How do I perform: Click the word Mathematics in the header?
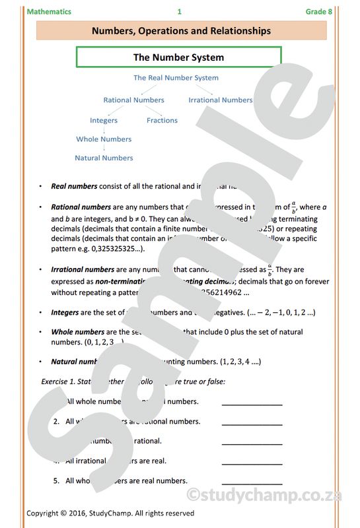pyautogui.click(x=49, y=12)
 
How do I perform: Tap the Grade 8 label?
pyautogui.click(x=319, y=12)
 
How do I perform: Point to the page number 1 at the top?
pyautogui.click(x=179, y=12)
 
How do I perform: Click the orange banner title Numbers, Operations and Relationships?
pyautogui.click(x=181, y=31)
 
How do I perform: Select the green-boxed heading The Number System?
pyautogui.click(x=178, y=57)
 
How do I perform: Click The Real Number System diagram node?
pyautogui.click(x=176, y=78)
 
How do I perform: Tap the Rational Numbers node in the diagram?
pyautogui.click(x=133, y=100)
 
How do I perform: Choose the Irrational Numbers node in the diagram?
pyautogui.click(x=220, y=100)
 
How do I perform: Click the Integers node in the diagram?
pyautogui.click(x=104, y=121)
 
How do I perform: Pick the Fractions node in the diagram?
pyautogui.click(x=162, y=121)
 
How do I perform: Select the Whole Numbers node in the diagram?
pyautogui.click(x=104, y=139)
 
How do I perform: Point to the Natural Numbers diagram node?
pyautogui.click(x=104, y=158)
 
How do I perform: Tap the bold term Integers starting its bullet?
pyautogui.click(x=65, y=312)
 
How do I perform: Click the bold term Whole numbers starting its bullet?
pyautogui.click(x=77, y=332)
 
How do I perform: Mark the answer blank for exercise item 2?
pyautogui.click(x=252, y=423)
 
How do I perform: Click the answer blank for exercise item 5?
pyautogui.click(x=252, y=482)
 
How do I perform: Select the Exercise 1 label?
pyautogui.click(x=59, y=381)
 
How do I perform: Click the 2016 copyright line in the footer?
pyautogui.click(x=110, y=513)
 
